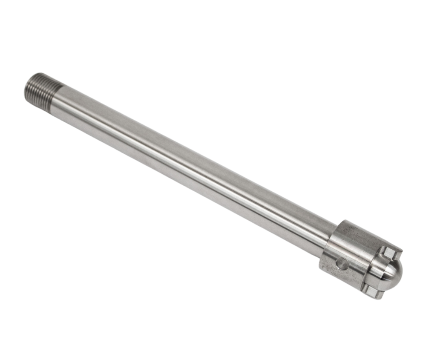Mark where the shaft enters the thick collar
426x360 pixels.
330,239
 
